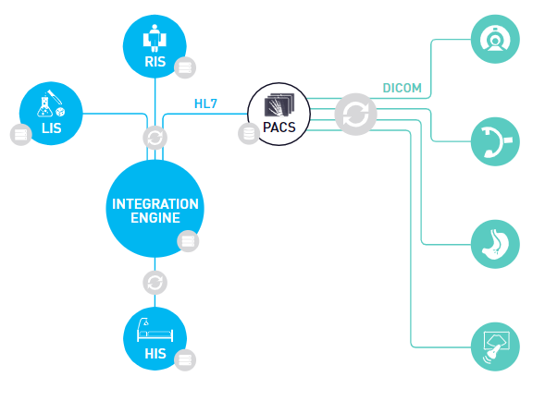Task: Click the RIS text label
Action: pos(155,63)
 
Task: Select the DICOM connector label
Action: pos(402,89)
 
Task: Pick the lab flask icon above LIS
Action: pos(51,103)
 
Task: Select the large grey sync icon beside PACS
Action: pos(353,115)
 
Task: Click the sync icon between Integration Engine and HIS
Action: pos(155,282)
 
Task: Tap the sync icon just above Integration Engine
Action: pos(155,138)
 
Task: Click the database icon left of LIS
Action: pos(19,135)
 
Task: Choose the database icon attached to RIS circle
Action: pos(185,67)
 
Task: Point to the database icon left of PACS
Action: pos(248,134)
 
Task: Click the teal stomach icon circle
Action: pos(495,244)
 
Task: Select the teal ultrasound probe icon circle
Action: pos(495,347)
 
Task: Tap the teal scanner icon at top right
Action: pos(495,39)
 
